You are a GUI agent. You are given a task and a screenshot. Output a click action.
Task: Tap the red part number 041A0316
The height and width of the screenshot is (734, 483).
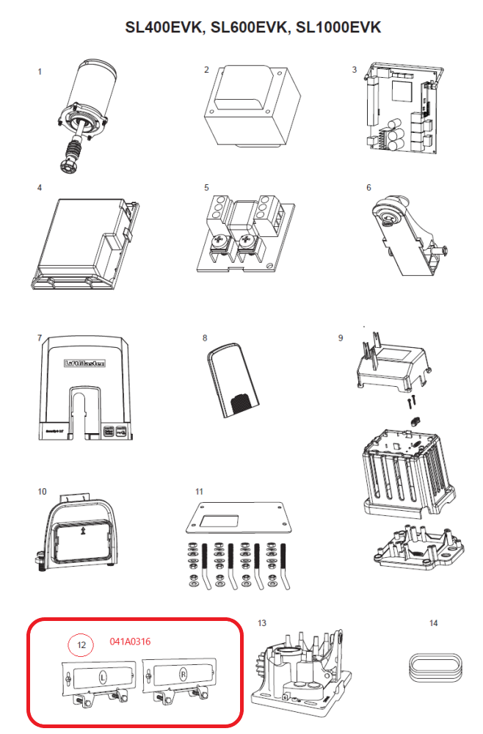130,642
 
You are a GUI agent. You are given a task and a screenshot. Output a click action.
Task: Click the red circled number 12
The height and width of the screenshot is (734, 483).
82,644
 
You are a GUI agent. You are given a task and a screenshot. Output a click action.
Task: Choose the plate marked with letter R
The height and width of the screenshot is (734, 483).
181,673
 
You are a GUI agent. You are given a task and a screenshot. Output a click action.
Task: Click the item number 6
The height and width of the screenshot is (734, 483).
368,188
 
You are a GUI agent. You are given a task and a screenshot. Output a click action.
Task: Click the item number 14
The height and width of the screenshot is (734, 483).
433,623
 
